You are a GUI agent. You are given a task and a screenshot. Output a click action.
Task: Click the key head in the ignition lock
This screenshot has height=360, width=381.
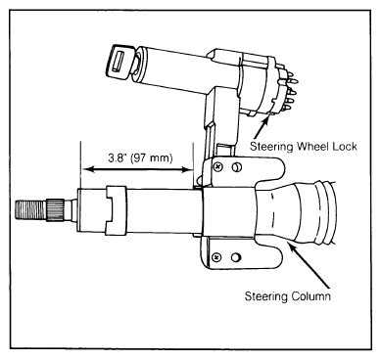[x=119, y=62]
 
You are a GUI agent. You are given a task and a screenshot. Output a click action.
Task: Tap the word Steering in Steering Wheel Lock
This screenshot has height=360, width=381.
[x=271, y=146]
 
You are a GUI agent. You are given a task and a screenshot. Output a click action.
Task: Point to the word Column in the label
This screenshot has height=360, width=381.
[x=310, y=296]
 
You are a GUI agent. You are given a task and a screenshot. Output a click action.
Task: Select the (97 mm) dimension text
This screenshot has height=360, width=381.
[x=151, y=158]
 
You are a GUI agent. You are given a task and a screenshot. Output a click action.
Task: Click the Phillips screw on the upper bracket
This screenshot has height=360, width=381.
[x=217, y=167]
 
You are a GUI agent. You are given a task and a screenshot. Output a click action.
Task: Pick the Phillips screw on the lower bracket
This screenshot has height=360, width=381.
[x=216, y=257]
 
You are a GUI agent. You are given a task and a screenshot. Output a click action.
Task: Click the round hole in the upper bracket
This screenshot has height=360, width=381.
[x=236, y=167]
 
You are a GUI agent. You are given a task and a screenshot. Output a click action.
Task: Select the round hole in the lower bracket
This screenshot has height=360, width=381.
[x=236, y=257]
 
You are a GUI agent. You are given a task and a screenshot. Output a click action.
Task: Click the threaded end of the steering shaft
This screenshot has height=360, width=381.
[x=31, y=210]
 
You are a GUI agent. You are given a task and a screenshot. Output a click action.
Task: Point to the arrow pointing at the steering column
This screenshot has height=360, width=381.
[x=309, y=266]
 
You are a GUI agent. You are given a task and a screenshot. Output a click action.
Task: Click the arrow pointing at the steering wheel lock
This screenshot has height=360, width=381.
[x=262, y=127]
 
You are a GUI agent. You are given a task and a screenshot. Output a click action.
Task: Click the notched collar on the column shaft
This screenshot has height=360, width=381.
[x=116, y=210]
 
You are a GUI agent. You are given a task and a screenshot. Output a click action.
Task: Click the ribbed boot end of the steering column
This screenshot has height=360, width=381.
[x=321, y=212]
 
